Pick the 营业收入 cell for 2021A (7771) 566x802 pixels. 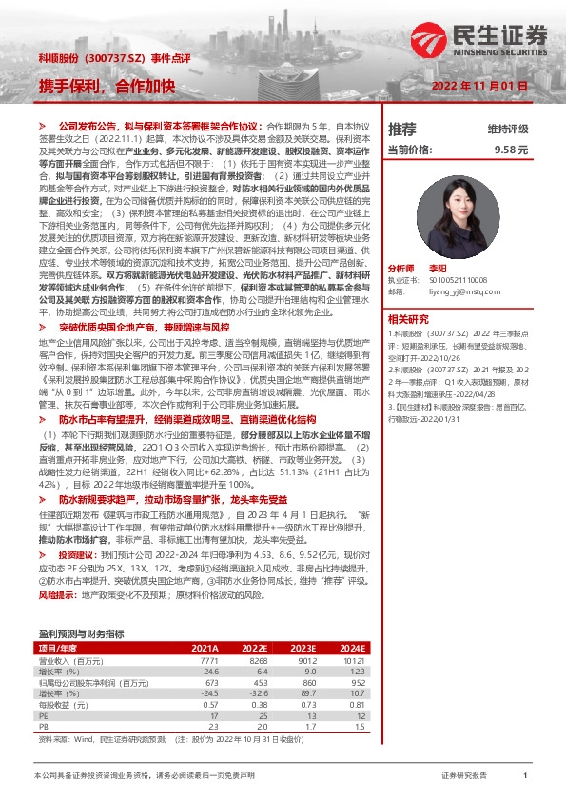(x=206, y=660)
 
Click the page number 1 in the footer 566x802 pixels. (x=525, y=777)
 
